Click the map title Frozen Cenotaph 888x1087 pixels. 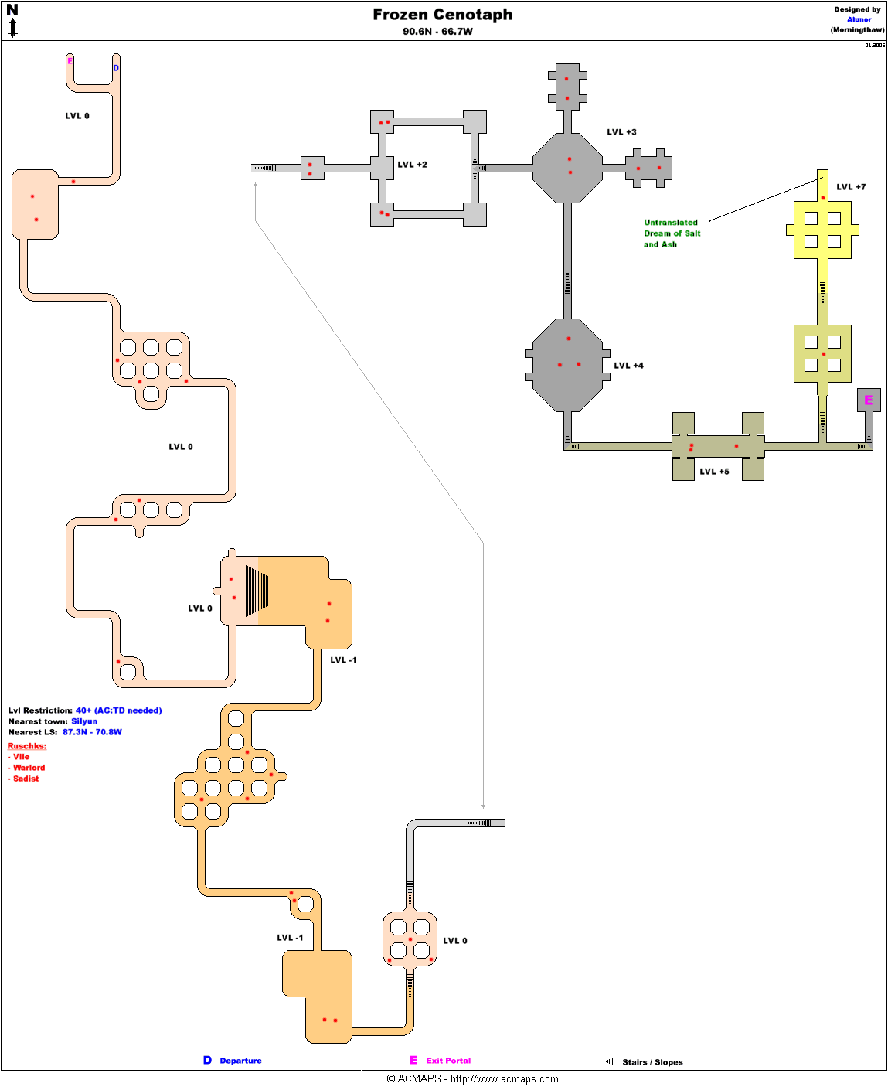click(x=442, y=15)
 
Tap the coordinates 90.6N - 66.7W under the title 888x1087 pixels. click(x=437, y=32)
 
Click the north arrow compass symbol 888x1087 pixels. click(x=12, y=21)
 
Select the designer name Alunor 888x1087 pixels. click(x=859, y=20)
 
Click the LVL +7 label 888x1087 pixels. click(x=851, y=187)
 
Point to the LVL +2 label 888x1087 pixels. click(x=412, y=165)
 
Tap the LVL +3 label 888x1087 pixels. click(x=621, y=132)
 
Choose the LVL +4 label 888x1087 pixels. click(x=628, y=366)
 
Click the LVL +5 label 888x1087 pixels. click(x=714, y=472)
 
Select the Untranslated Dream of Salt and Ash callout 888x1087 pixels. click(x=672, y=233)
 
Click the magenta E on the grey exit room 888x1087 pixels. click(x=868, y=400)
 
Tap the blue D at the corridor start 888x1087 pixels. click(x=116, y=68)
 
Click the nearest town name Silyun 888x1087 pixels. click(x=84, y=721)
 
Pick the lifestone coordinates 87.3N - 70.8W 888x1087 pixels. click(x=92, y=732)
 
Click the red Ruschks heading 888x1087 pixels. click(x=27, y=746)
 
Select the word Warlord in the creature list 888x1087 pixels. click(x=29, y=768)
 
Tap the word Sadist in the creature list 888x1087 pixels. click(x=26, y=779)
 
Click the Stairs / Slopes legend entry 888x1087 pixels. click(x=652, y=1062)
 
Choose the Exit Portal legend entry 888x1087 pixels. click(x=447, y=1061)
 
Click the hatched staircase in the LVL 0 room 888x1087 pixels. click(x=257, y=591)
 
